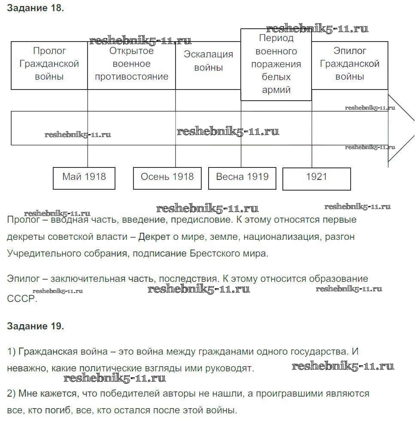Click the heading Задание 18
click(x=35, y=9)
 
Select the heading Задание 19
click(x=35, y=326)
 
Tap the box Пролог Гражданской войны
click(x=49, y=64)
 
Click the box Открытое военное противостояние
click(x=131, y=64)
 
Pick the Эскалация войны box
click(x=208, y=61)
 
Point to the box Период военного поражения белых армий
click(x=276, y=64)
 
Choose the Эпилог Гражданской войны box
click(x=349, y=64)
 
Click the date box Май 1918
click(x=84, y=177)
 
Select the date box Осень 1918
click(x=167, y=177)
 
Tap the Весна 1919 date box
click(x=242, y=177)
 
